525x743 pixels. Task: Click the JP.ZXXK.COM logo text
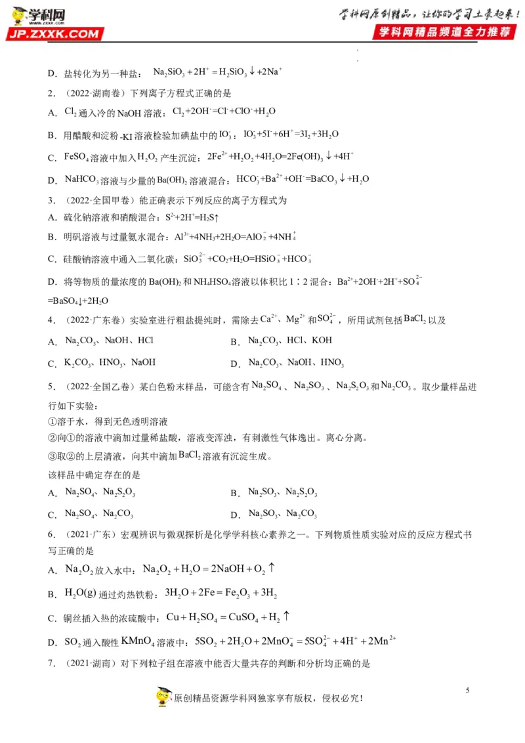56,34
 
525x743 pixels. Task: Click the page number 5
467,690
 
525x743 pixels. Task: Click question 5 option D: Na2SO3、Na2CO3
282,513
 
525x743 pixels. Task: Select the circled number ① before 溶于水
53,421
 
